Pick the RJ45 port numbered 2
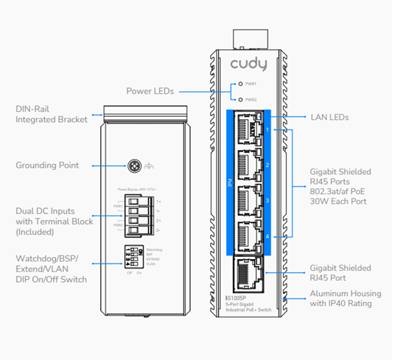249,165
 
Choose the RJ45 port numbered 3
249,201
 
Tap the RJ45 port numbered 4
249,237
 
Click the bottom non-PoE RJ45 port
249,274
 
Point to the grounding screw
134,165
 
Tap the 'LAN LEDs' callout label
330,117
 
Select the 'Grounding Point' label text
49,165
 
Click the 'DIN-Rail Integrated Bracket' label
51,114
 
